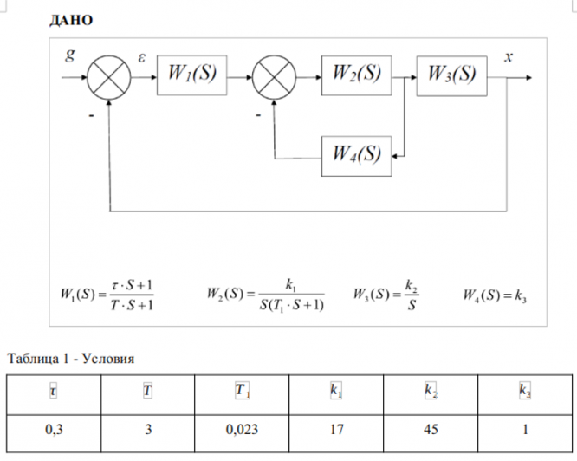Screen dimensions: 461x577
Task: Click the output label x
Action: click(509, 56)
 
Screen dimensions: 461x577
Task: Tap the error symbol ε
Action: click(141, 57)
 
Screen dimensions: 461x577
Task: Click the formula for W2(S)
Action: click(265, 295)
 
